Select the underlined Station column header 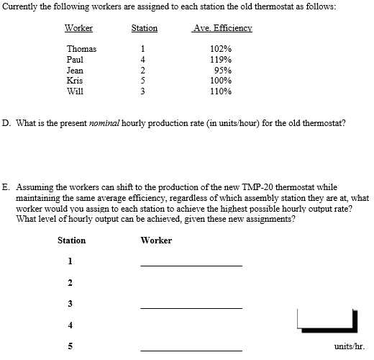point(144,29)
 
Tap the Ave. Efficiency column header point(222,29)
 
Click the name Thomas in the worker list point(81,49)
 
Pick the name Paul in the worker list point(75,60)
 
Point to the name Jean point(75,71)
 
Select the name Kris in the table point(74,81)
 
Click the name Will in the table point(75,91)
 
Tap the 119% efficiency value point(221,60)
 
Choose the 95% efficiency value point(222,71)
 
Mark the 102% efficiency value point(221,49)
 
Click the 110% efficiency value point(221,91)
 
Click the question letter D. point(6,123)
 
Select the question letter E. point(6,186)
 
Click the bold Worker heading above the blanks point(156,240)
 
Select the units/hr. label point(350,346)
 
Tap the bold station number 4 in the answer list point(70,325)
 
